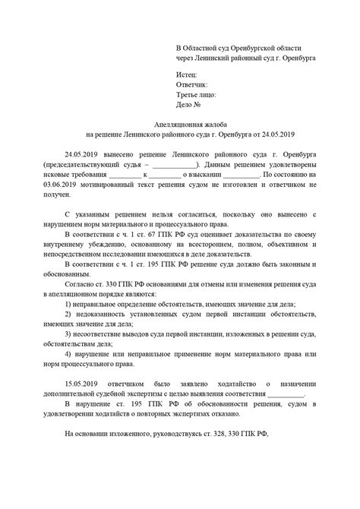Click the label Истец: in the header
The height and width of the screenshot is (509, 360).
[x=185, y=74]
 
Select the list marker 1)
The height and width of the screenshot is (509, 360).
[x=69, y=304]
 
